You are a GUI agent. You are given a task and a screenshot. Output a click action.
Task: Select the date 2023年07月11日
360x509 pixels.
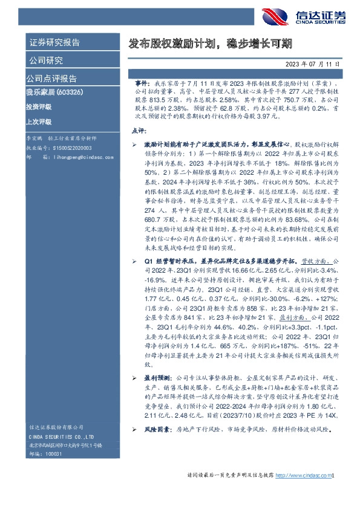[x=315, y=63]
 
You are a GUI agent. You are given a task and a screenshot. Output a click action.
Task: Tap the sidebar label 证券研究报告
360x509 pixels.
[x=54, y=42]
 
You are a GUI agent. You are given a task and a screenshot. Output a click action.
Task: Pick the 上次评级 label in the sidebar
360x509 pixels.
[x=39, y=122]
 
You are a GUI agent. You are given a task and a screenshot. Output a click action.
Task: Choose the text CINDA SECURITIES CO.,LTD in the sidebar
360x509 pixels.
[x=62, y=436]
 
